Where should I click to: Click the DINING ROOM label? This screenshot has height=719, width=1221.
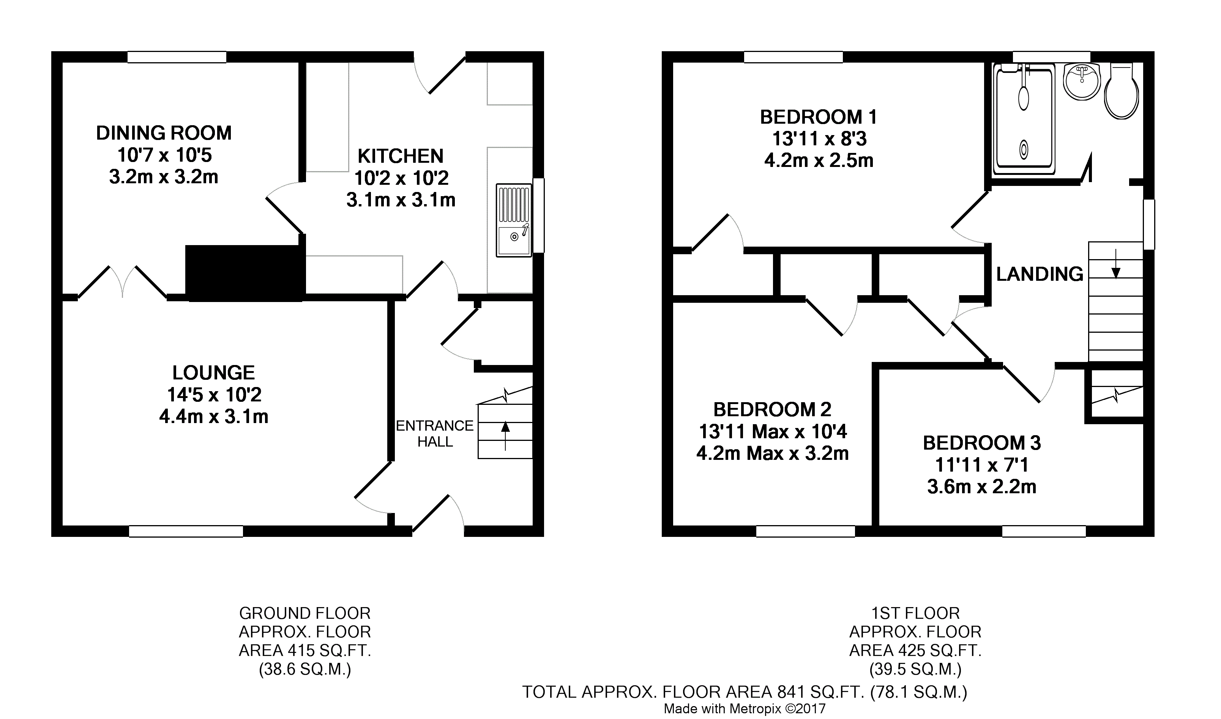pyautogui.click(x=164, y=133)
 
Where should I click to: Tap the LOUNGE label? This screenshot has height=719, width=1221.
pyautogui.click(x=214, y=373)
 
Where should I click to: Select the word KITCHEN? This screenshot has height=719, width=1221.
pyautogui.click(x=401, y=156)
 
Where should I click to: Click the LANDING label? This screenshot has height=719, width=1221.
pyautogui.click(x=1039, y=274)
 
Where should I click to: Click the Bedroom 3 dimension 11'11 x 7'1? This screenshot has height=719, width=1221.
pyautogui.click(x=981, y=465)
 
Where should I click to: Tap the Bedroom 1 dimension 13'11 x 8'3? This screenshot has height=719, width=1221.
pyautogui.click(x=819, y=139)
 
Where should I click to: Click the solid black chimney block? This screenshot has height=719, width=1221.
pyautogui.click(x=245, y=273)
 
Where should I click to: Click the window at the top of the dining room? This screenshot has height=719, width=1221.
pyautogui.click(x=177, y=58)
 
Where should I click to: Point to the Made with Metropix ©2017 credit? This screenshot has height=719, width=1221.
pyautogui.click(x=744, y=709)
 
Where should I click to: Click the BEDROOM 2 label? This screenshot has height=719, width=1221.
pyautogui.click(x=772, y=410)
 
